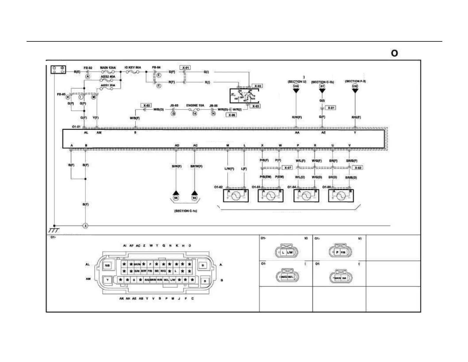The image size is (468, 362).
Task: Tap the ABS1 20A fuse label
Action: coord(108,85)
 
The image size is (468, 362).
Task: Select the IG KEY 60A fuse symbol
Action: coord(133,72)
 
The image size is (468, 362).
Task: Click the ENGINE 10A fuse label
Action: coord(195,105)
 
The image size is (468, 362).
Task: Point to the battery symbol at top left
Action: coord(58,70)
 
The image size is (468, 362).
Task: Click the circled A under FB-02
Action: coord(87,77)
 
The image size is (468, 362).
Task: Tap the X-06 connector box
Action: coord(232,115)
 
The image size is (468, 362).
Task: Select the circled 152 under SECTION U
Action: coord(296,86)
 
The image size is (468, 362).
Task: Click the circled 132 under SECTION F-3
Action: coord(355,86)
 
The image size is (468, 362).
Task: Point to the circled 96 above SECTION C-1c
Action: coord(176,198)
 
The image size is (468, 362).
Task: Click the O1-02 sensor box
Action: coord(235,196)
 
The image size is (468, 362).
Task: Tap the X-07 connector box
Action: coord(287,168)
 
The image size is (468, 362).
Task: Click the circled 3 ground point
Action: coord(85,226)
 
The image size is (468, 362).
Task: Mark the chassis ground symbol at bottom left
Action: coord(54,230)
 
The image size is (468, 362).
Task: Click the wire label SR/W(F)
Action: coord(196,166)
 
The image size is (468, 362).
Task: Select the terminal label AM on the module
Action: coord(99,133)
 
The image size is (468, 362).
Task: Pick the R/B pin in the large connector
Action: coord(107,266)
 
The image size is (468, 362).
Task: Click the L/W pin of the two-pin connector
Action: coord(290,252)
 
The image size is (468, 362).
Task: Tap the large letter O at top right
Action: coord(394,53)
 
